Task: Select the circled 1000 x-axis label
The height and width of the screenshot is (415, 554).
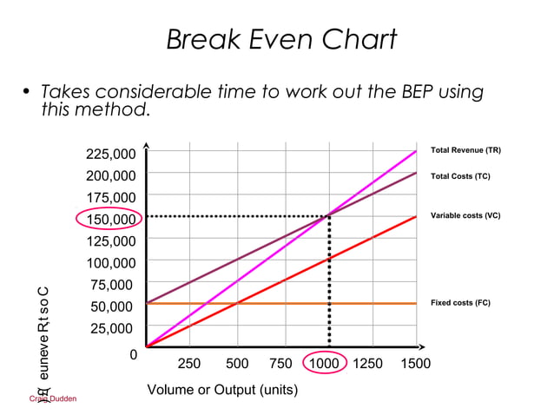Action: pyautogui.click(x=324, y=364)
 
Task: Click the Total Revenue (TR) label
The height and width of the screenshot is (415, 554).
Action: pyautogui.click(x=465, y=151)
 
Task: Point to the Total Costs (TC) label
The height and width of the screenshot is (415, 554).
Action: pyautogui.click(x=460, y=176)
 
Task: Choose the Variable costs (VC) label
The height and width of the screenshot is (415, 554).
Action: pyautogui.click(x=465, y=214)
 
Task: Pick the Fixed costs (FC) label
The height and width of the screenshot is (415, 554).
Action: pyautogui.click(x=460, y=303)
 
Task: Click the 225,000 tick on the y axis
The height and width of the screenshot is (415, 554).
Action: pyautogui.click(x=110, y=155)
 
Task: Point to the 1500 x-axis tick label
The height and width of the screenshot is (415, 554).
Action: pyautogui.click(x=414, y=364)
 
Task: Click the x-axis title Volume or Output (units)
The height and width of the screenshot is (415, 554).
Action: pyautogui.click(x=222, y=390)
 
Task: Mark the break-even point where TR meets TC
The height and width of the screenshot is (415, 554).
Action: pyautogui.click(x=328, y=216)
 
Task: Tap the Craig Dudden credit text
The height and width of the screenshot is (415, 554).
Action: pyautogui.click(x=53, y=399)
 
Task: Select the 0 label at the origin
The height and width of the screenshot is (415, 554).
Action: pyautogui.click(x=133, y=354)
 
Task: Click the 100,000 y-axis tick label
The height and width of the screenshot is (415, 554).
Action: pyautogui.click(x=110, y=263)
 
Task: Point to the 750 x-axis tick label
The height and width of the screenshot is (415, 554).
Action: pyautogui.click(x=280, y=364)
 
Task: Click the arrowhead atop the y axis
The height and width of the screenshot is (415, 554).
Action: pyautogui.click(x=147, y=147)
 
